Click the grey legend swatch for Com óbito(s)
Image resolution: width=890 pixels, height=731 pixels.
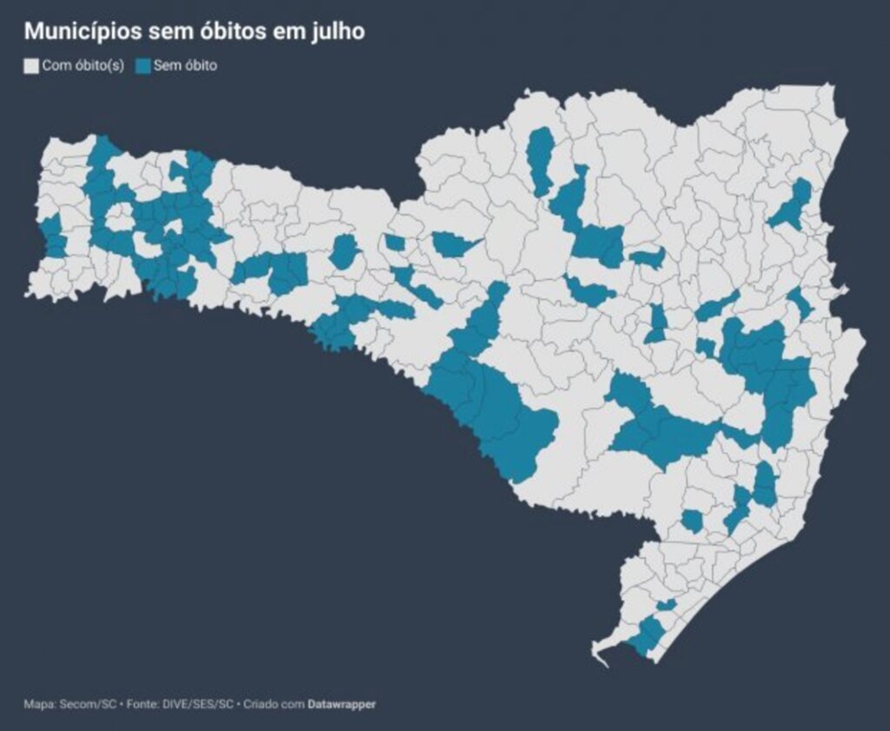(31, 66)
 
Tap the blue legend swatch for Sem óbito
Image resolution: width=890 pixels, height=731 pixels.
(143, 66)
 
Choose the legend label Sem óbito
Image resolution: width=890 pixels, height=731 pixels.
(185, 66)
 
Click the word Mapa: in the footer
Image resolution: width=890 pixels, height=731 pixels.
(39, 704)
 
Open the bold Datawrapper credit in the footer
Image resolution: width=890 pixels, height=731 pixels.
(342, 704)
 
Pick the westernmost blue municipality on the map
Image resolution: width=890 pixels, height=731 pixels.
(52, 236)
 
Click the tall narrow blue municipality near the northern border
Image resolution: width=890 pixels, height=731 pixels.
(541, 161)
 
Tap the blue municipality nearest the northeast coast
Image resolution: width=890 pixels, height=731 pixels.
(794, 207)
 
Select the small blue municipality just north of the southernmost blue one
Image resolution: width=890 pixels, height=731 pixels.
(666, 605)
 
